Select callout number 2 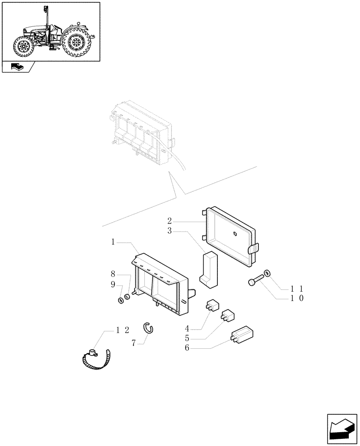click(170, 221)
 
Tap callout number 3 click(170, 231)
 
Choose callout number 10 click(298, 298)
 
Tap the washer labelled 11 click(267, 273)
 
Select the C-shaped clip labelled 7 click(148, 328)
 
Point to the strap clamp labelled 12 click(95, 360)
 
